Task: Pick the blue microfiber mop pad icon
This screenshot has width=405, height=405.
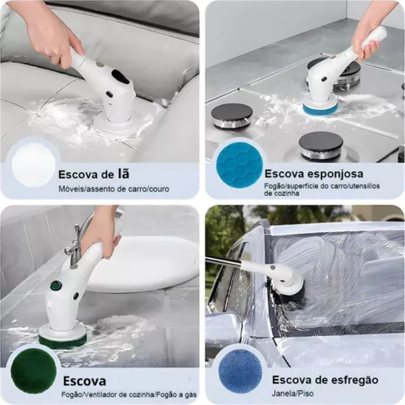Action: (240, 371)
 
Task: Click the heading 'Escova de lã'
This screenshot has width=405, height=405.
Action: (94, 174)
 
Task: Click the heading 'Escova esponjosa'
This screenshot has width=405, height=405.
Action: (313, 174)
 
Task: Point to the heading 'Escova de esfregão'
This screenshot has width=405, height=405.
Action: (325, 379)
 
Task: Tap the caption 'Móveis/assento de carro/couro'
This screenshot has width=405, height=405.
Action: (114, 189)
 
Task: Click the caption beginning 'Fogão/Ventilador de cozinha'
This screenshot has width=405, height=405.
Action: (128, 395)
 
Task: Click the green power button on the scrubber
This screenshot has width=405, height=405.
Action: (56, 285)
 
